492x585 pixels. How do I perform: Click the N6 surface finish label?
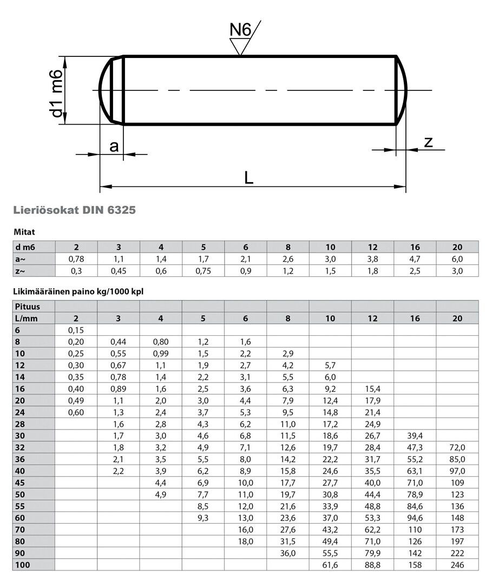[240, 29]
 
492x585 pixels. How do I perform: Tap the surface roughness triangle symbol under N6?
[240, 47]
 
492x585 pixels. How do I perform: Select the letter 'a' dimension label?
[114, 146]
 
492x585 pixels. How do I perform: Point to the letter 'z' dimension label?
[428, 142]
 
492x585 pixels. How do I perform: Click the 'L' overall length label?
[248, 178]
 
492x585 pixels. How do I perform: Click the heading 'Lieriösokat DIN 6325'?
[75, 210]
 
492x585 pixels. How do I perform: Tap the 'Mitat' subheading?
[24, 232]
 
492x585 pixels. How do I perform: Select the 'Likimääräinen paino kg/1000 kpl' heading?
[78, 292]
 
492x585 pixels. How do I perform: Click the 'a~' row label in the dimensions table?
[20, 259]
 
